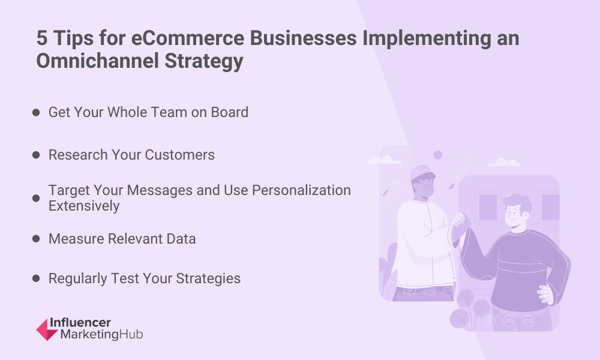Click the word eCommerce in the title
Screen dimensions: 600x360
point(187,38)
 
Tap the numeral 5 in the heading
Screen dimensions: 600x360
point(42,38)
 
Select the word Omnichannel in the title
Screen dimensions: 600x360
point(98,61)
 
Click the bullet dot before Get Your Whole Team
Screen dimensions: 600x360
point(36,112)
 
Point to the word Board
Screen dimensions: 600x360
point(230,112)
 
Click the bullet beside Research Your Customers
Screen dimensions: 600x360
point(36,155)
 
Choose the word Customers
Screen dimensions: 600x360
point(179,155)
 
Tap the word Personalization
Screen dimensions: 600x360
point(301,191)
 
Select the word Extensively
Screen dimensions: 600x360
point(84,206)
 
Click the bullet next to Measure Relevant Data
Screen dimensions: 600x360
point(36,239)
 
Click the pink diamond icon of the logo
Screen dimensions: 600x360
point(47,329)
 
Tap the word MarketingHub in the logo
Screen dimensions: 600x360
point(102,334)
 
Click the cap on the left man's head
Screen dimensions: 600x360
point(421,173)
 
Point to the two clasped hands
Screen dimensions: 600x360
point(460,223)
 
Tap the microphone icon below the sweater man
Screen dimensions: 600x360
point(489,320)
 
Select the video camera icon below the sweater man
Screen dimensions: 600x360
point(529,321)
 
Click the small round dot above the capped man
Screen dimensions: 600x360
point(438,155)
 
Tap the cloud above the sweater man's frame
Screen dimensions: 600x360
point(503,162)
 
